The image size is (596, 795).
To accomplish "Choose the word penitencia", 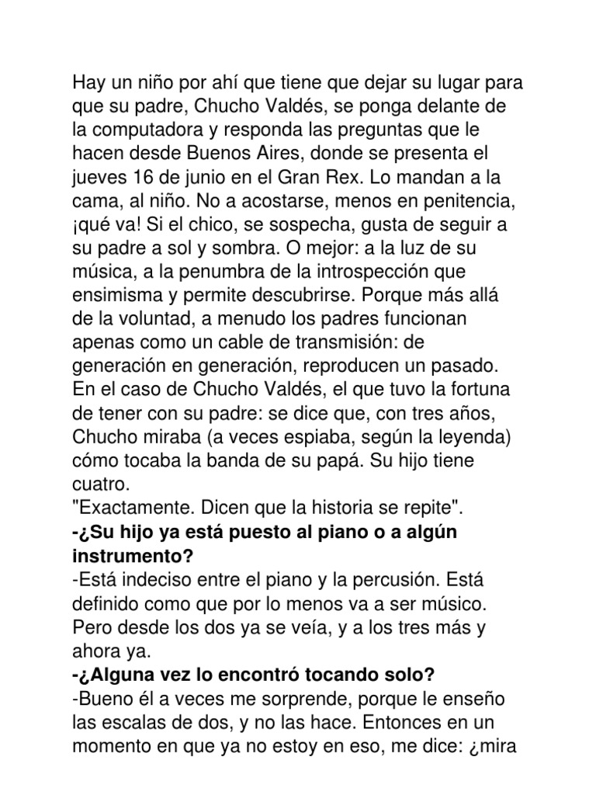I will click(x=470, y=190).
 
